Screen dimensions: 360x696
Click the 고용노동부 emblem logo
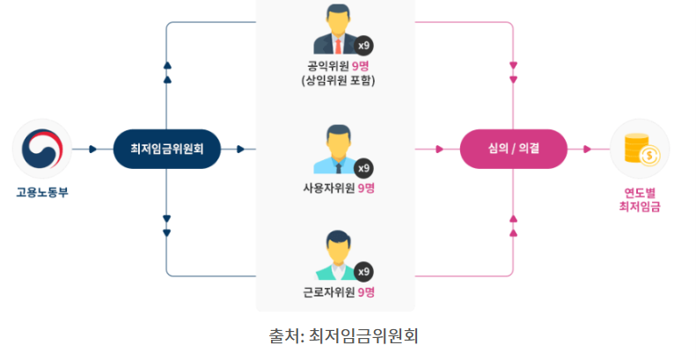click(41, 149)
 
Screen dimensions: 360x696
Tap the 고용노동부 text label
click(41, 191)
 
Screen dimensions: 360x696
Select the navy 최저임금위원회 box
click(167, 149)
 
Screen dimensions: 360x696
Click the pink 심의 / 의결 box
click(513, 149)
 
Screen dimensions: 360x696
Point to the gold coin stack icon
click(640, 149)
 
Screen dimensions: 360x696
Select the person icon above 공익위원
click(335, 32)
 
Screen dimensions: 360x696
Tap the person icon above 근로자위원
click(335, 251)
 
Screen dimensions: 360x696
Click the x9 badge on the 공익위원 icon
click(364, 44)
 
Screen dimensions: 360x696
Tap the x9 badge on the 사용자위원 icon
click(364, 167)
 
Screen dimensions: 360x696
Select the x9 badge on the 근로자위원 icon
click(364, 270)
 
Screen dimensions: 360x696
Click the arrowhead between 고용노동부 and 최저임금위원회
click(93, 149)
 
